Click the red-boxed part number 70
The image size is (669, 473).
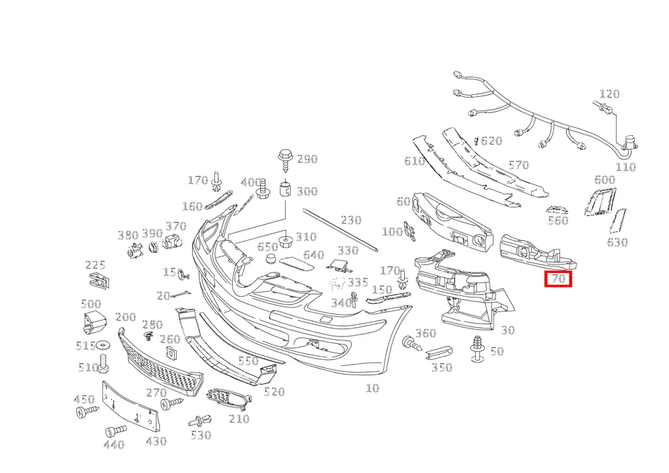[558, 279]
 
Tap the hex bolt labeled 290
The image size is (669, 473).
[285, 160]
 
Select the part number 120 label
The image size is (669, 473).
[609, 94]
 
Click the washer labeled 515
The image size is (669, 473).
[102, 344]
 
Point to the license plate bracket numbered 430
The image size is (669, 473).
[129, 407]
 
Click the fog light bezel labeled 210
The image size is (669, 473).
[228, 398]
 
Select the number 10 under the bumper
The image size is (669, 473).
[372, 388]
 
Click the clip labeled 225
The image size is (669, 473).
[98, 280]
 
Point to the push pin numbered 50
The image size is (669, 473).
[476, 349]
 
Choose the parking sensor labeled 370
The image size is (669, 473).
[172, 242]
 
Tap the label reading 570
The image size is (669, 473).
[518, 165]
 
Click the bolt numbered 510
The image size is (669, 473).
[103, 363]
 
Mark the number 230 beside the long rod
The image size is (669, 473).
[351, 220]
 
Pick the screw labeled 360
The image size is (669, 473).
[411, 343]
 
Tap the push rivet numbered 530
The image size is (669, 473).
[200, 421]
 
